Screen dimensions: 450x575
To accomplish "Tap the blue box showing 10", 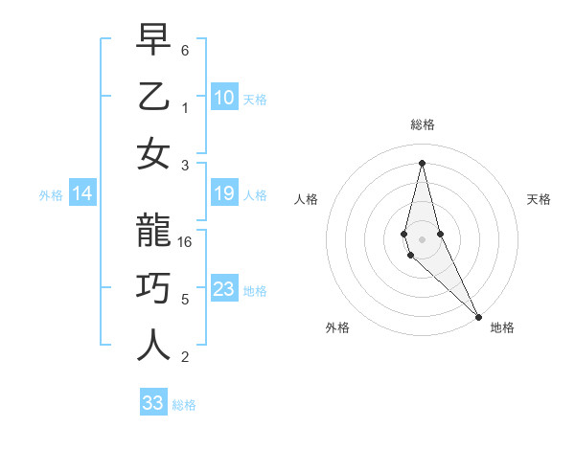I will click(223, 98).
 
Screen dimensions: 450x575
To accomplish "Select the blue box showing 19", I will click(223, 194).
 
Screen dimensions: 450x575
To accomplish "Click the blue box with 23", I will click(223, 289).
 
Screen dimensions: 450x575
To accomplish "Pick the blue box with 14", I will click(82, 194).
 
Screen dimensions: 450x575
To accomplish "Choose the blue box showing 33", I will click(152, 403).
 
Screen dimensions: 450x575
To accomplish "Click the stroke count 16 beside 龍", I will click(186, 242).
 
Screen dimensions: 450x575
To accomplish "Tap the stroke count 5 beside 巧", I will click(185, 299).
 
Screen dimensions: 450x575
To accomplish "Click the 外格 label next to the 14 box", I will click(51, 195).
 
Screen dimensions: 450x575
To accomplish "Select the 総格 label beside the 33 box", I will click(184, 405).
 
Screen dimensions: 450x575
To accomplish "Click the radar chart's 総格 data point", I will click(422, 162).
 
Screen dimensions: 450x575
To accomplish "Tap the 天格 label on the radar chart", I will click(539, 199).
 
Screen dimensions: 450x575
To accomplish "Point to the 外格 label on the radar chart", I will click(337, 327).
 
